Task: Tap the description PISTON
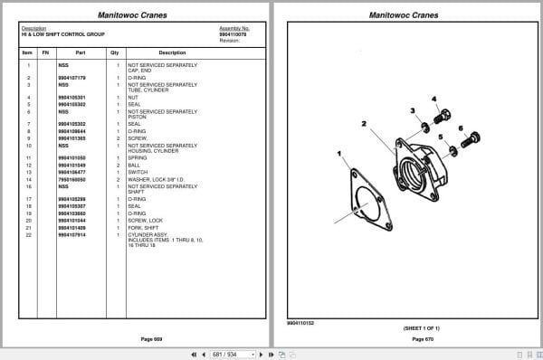(x=136, y=116)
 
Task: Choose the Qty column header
(x=115, y=52)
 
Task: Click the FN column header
(x=45, y=52)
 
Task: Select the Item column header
(x=27, y=52)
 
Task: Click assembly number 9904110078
(x=233, y=35)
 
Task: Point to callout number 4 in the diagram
(x=433, y=99)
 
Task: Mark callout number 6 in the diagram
(x=461, y=128)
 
